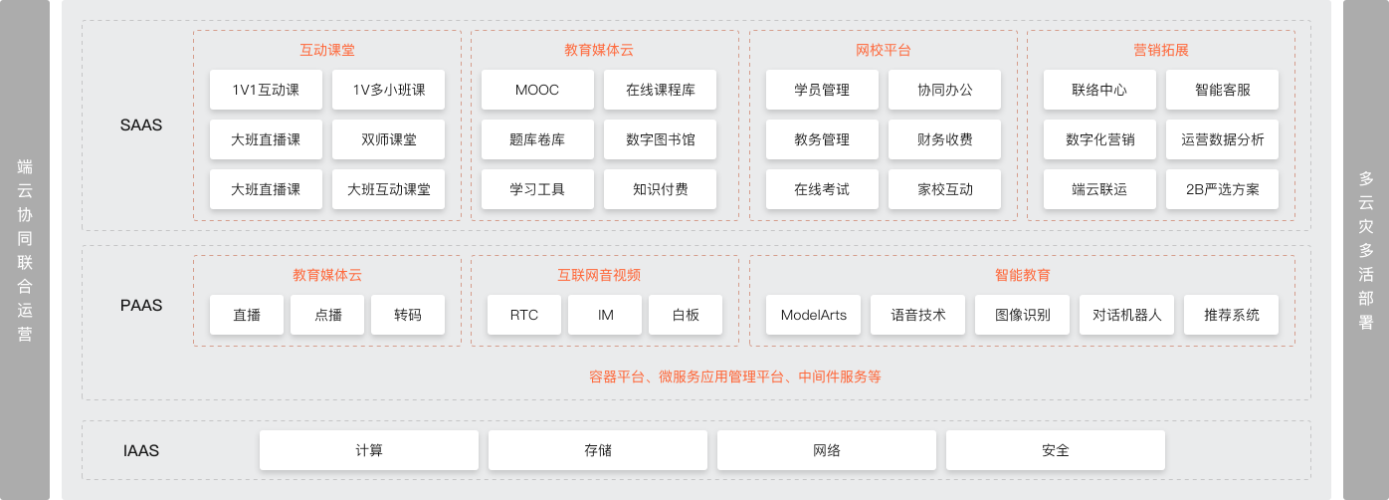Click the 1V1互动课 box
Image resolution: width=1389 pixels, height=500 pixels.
coord(266,90)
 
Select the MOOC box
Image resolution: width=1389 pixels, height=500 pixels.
coord(537,90)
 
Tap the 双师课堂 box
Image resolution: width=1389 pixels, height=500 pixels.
coord(388,139)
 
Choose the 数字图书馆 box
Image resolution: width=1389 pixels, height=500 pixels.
coord(660,139)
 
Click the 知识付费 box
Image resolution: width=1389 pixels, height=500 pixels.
coord(660,189)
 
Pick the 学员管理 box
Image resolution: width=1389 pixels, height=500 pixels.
coord(822,90)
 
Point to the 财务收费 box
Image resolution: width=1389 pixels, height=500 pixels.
coord(944,139)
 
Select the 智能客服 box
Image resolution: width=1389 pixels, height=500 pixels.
coord(1222,90)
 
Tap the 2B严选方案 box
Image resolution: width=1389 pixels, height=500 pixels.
coord(1222,189)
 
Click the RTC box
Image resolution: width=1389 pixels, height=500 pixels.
coord(523,315)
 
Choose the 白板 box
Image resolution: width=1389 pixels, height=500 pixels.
coord(686,315)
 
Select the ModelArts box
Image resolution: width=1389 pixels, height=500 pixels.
coord(813,315)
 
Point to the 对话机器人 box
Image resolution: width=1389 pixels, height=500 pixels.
coord(1126,315)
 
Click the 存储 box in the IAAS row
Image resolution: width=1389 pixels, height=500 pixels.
coord(598,450)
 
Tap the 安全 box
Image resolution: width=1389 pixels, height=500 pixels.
coord(1056,450)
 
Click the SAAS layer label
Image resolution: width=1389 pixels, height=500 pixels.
coord(140,125)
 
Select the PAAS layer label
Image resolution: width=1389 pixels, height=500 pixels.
coord(140,305)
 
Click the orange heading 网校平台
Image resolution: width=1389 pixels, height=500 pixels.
coord(883,50)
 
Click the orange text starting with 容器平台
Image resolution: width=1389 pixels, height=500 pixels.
coord(734,376)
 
